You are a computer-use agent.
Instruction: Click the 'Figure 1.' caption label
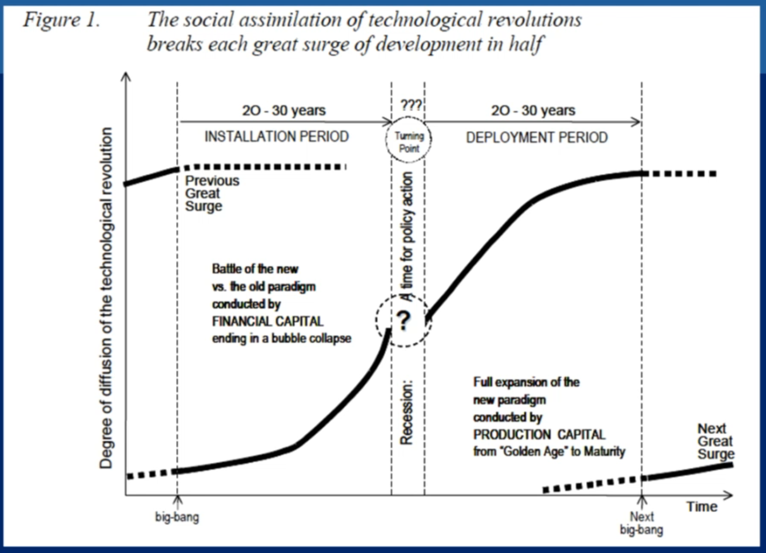pos(61,21)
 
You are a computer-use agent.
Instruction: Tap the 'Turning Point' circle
pos(409,142)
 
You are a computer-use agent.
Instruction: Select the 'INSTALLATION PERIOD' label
pos(277,137)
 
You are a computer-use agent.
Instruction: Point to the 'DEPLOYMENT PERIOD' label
pos(537,138)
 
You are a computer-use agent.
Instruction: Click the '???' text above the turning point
pos(410,105)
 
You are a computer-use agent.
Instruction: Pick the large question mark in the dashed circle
pos(404,320)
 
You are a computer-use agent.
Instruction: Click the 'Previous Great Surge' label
pos(212,193)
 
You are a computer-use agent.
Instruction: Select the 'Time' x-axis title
pos(702,507)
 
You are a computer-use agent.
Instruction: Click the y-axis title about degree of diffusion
pos(106,297)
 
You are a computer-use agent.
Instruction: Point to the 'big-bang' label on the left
pos(177,517)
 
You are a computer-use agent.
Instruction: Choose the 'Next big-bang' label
pos(641,523)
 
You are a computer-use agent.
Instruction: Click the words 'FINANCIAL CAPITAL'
pos(268,321)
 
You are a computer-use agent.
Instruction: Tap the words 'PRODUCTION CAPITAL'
pos(539,435)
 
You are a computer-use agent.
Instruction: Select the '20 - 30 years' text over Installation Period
pos(284,110)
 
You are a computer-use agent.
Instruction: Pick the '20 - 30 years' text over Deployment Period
pos(533,110)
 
